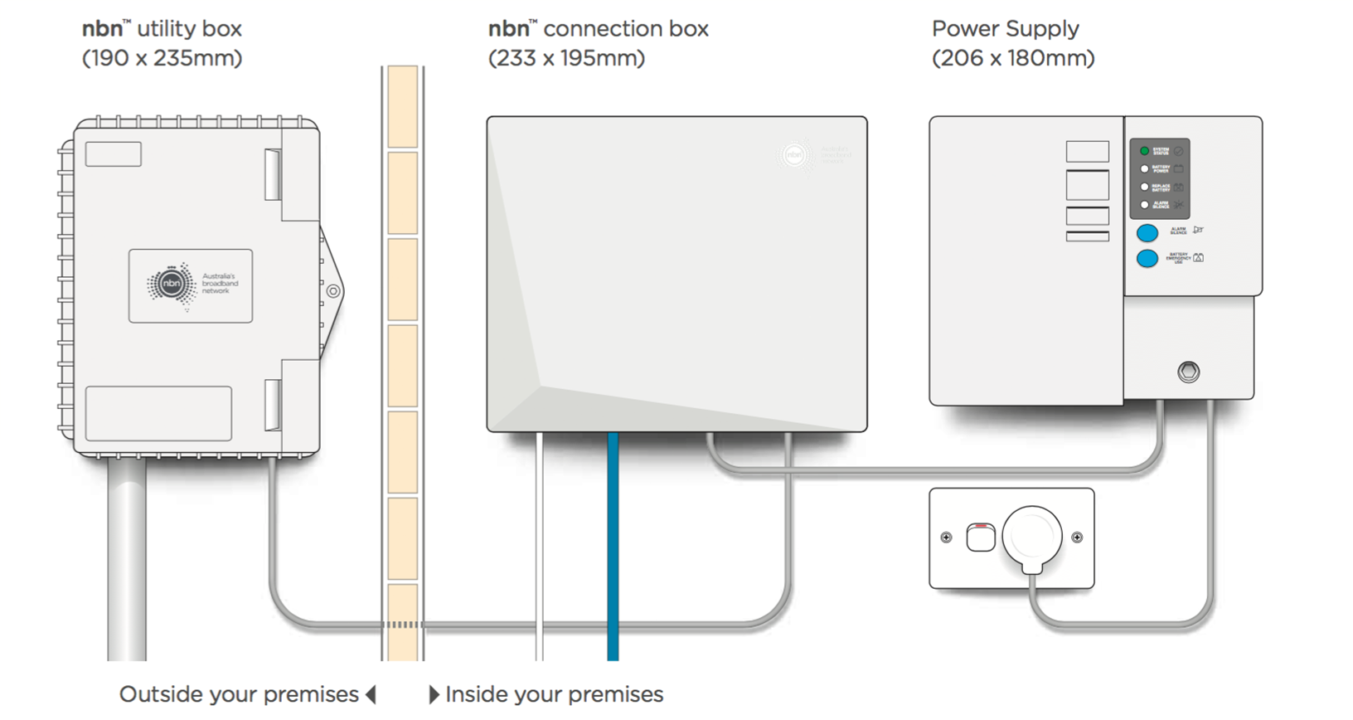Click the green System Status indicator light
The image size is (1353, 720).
pyautogui.click(x=1144, y=151)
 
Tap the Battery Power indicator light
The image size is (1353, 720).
pyautogui.click(x=1144, y=169)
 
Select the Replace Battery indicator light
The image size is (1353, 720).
pyautogui.click(x=1144, y=187)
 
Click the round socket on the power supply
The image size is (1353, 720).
pyautogui.click(x=1188, y=372)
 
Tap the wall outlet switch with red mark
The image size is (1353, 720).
pyautogui.click(x=981, y=538)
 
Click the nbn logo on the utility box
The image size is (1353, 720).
pyautogui.click(x=172, y=285)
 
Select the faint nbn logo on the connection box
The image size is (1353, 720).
pyautogui.click(x=794, y=155)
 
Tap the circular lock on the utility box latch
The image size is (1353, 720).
pyautogui.click(x=333, y=291)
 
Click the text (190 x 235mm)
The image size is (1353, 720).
pyautogui.click(x=162, y=59)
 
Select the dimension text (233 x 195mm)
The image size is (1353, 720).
pyautogui.click(x=566, y=59)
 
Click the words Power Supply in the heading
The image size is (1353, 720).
pyautogui.click(x=1005, y=29)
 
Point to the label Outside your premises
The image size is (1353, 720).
pyautogui.click(x=239, y=694)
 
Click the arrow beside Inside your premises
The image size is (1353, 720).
pyautogui.click(x=434, y=694)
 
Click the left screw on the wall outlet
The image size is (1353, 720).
pyautogui.click(x=946, y=538)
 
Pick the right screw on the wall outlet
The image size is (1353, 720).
pyautogui.click(x=1077, y=538)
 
